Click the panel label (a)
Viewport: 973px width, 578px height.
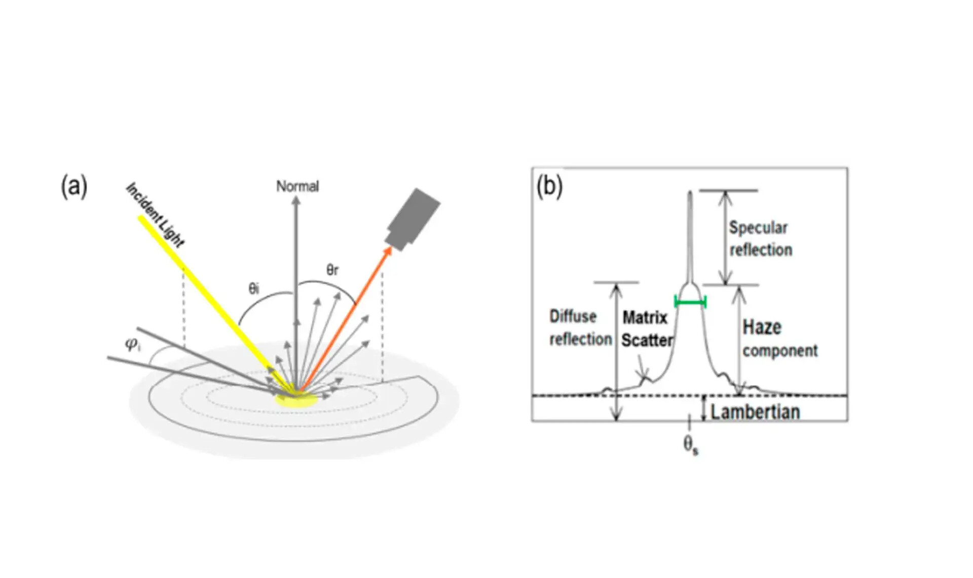[74, 186]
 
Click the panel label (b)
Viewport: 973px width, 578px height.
[549, 186]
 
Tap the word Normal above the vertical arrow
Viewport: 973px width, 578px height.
[297, 186]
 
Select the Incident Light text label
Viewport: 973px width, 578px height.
[155, 215]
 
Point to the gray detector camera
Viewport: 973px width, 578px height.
[413, 218]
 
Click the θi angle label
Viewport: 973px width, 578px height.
[254, 289]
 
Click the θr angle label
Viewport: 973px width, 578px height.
[332, 270]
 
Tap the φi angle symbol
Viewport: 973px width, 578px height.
[133, 344]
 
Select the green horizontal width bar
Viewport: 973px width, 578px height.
[690, 302]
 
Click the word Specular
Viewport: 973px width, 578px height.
[758, 227]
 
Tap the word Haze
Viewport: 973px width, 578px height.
[762, 327]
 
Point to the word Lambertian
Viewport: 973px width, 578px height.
[755, 412]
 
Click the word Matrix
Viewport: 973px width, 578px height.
[645, 318]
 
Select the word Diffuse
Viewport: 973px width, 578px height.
[573, 317]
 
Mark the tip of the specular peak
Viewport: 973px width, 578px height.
[690, 192]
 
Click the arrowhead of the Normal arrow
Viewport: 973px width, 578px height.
[296, 201]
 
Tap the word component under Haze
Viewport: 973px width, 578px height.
[780, 351]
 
